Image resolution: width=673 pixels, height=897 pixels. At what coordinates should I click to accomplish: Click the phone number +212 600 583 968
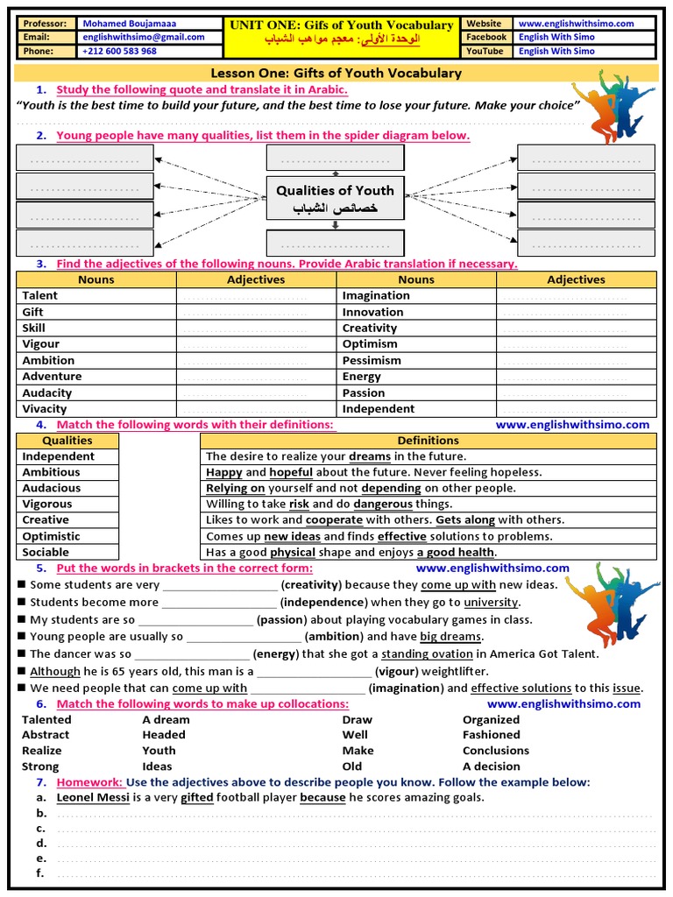point(120,51)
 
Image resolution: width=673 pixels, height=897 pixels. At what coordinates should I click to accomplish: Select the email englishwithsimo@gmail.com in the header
point(143,38)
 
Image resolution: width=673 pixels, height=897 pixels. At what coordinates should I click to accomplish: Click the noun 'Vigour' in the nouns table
point(41,344)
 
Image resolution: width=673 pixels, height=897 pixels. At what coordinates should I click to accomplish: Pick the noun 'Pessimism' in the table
point(372,360)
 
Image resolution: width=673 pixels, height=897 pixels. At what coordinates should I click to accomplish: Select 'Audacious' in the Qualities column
point(51,488)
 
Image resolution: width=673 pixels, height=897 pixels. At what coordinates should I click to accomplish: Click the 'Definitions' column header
point(428,441)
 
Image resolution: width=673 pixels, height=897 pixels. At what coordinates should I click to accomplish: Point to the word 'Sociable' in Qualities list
point(46,552)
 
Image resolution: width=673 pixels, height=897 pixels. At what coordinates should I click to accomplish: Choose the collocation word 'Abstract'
point(46,735)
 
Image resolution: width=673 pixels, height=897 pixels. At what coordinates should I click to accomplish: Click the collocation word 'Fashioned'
point(492,735)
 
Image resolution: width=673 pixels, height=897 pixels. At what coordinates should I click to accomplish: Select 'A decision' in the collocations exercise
point(492,766)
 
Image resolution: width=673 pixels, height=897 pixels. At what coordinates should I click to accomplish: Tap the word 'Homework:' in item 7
point(89,782)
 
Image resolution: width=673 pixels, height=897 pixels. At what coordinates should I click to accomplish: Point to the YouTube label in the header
point(485,51)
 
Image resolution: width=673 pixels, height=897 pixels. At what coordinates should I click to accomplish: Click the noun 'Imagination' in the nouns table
point(376,295)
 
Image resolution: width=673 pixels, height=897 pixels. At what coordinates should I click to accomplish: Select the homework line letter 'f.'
point(40,873)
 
